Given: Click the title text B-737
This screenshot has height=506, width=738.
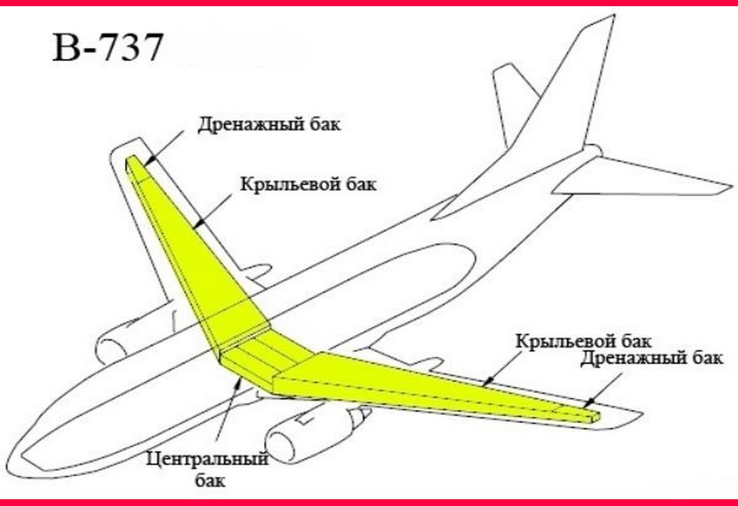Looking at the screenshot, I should pos(108,47).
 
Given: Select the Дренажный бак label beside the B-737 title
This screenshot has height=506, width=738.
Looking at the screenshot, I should pos(269,124).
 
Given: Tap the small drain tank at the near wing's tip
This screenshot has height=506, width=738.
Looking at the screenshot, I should pos(592,416).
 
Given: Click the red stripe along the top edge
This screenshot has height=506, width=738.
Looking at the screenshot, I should pos(369,2).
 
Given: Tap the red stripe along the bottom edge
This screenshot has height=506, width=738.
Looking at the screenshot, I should pos(369,502).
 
